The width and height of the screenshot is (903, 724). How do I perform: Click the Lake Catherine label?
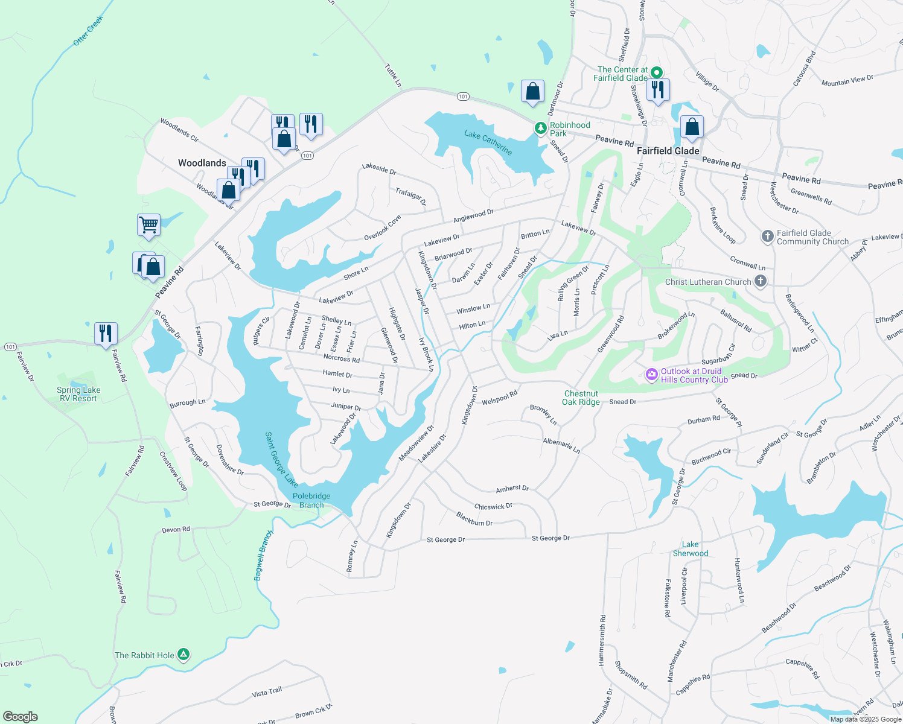click(x=488, y=142)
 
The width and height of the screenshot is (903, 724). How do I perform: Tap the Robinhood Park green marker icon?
click(x=541, y=129)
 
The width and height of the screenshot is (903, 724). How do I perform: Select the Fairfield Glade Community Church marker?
click(x=767, y=237)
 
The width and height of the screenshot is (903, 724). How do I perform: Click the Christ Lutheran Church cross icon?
click(x=761, y=281)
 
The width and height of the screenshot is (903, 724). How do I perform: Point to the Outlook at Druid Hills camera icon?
click(x=651, y=375)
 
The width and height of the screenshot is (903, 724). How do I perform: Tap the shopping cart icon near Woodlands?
click(x=148, y=225)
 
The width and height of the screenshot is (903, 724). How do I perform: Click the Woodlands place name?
click(x=202, y=163)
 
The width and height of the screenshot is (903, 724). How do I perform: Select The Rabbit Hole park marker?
click(x=184, y=655)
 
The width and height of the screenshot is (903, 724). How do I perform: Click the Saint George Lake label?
click(x=281, y=459)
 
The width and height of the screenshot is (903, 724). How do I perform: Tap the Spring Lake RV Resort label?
click(x=78, y=394)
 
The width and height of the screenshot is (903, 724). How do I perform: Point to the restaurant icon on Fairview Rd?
click(x=106, y=332)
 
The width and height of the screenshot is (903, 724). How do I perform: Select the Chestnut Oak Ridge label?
click(x=581, y=398)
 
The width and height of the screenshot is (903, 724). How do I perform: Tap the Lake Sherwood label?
click(x=691, y=548)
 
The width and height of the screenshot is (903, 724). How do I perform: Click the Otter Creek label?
click(x=88, y=31)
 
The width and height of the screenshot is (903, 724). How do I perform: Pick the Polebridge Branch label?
click(x=311, y=500)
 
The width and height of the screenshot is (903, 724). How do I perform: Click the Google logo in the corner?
click(x=21, y=716)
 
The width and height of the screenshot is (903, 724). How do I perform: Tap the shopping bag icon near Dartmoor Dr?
click(x=532, y=92)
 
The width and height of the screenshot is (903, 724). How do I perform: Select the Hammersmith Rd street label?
click(x=602, y=640)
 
